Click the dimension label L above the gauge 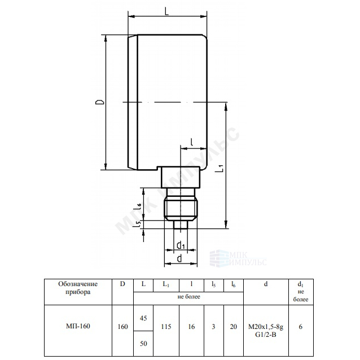(166, 11)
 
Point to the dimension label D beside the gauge (100, 102)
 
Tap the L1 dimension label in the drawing (221, 168)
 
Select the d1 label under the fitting (181, 245)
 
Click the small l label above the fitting (192, 142)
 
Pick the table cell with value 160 (122, 327)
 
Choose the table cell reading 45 (143, 318)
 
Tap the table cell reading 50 (143, 344)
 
